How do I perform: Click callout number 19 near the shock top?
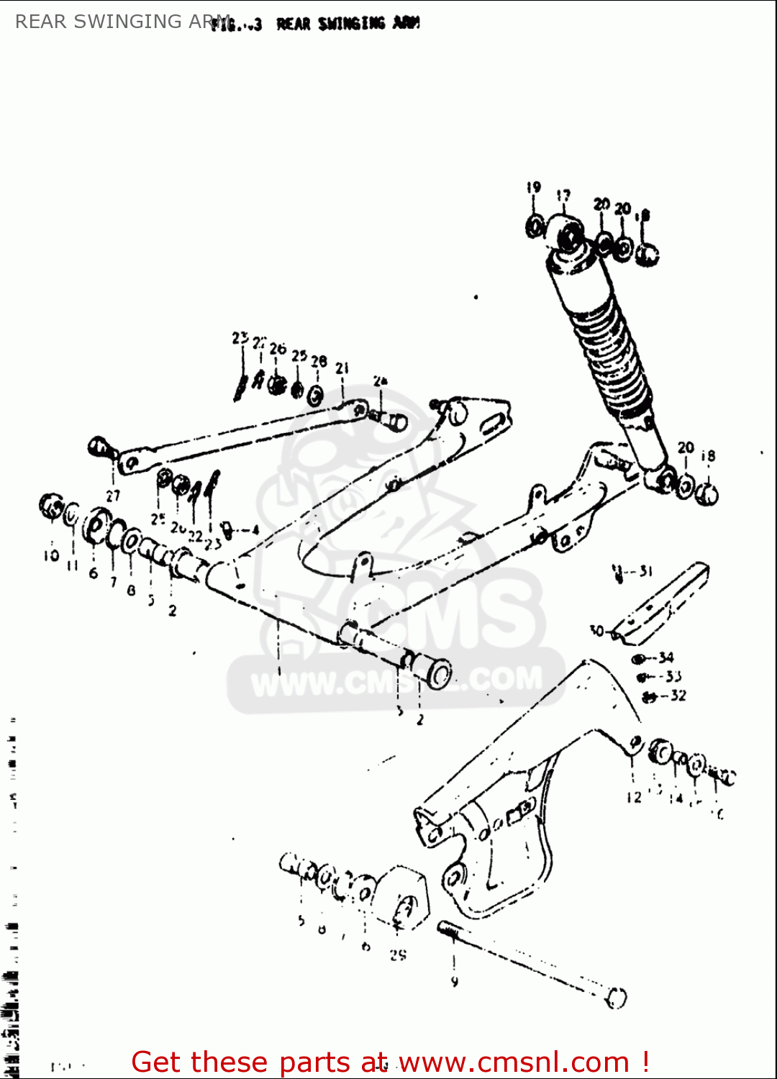pos(533,188)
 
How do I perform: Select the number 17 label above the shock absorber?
pos(563,196)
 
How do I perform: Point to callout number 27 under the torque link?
pos(113,496)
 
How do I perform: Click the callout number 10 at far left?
pos(51,556)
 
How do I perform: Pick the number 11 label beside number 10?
pos(73,566)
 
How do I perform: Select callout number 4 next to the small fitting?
pos(255,531)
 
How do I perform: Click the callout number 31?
pos(645,571)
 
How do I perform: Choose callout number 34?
pos(666,657)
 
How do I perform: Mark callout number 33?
pos(673,676)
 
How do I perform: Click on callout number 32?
pos(678,696)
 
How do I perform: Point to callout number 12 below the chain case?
pos(634,797)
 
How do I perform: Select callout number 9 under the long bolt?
pos(454,981)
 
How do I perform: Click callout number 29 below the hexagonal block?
pos(398,955)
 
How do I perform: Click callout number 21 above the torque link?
pos(342,368)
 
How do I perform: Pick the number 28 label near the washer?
pos(319,361)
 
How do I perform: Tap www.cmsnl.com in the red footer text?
pos(514,1062)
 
